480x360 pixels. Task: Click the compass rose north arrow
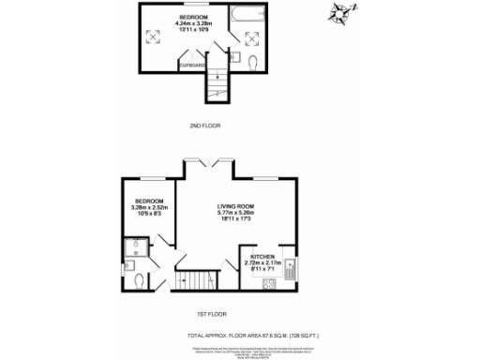(x=338, y=14)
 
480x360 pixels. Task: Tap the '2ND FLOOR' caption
(x=203, y=125)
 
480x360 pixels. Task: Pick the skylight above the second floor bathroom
(x=252, y=37)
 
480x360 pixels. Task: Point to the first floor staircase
(x=197, y=279)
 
